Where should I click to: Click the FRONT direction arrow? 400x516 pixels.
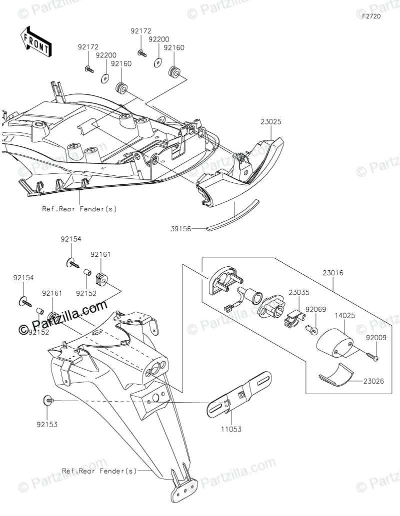(x=35, y=41)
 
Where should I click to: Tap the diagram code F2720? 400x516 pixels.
(x=371, y=17)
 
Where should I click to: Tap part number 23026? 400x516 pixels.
(x=373, y=383)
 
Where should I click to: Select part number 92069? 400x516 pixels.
(x=316, y=309)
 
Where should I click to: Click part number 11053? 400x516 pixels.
(x=227, y=427)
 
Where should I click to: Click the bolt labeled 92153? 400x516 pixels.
(x=49, y=401)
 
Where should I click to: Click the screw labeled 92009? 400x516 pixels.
(x=372, y=356)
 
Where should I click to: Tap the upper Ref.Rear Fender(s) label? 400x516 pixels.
(x=79, y=209)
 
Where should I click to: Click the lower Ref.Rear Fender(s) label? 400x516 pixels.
(x=99, y=471)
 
